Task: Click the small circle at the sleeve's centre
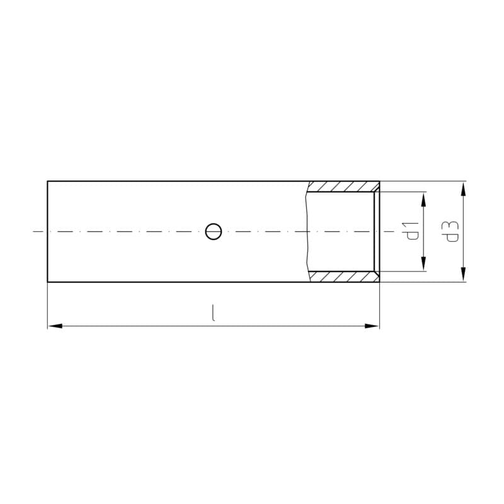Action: (214, 231)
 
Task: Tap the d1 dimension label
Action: (413, 231)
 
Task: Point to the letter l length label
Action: (213, 313)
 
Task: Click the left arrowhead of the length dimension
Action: (55, 326)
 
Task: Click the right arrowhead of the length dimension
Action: (372, 326)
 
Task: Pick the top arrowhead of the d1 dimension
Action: (423, 199)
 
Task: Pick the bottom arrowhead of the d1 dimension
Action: (423, 263)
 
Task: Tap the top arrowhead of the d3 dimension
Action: (463, 188)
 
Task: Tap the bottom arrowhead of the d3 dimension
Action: (463, 275)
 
